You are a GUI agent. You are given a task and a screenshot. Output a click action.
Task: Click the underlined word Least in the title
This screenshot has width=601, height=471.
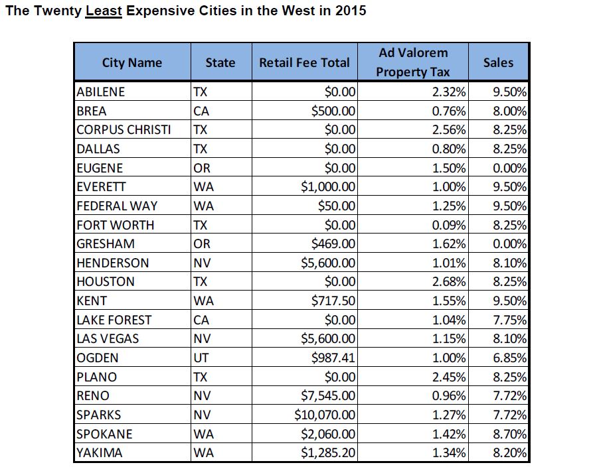[104, 11]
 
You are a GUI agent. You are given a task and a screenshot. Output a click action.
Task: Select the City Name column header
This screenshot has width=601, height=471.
[131, 63]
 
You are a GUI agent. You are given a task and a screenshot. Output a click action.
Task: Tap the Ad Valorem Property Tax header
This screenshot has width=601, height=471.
[412, 62]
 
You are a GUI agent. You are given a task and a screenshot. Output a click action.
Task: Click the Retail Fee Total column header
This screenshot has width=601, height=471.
[304, 63]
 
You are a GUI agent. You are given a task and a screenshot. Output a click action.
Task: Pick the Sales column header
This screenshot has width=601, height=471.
[498, 62]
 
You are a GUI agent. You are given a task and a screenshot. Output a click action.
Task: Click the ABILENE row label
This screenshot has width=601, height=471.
[101, 92]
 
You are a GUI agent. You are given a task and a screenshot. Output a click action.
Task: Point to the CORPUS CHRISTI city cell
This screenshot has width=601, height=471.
[124, 129]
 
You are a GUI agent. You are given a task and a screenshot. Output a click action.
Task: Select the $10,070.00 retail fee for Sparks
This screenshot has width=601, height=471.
[325, 415]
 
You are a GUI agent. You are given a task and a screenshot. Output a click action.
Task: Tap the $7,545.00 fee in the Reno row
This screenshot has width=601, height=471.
[328, 396]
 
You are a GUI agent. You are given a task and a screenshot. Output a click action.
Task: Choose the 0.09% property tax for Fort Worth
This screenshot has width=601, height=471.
[449, 225]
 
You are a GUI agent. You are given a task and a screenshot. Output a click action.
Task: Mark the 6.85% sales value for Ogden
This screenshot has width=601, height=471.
[509, 358]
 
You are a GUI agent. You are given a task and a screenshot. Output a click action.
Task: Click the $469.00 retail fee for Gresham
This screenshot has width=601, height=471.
[334, 244]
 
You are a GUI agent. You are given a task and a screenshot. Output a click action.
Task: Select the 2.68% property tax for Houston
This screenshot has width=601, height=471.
[449, 282]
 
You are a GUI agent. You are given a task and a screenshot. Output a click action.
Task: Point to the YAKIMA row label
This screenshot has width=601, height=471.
[99, 454]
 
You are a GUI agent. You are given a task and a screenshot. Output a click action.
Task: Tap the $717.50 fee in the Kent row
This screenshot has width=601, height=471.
[334, 301]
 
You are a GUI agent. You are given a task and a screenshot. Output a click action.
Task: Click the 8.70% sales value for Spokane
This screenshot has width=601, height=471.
[509, 435]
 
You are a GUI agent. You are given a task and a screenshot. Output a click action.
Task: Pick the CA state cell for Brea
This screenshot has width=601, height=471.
[201, 111]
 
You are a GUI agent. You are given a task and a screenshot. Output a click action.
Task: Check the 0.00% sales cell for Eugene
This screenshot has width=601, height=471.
[509, 168]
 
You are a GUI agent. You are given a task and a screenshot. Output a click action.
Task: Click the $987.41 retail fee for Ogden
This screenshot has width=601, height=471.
[334, 358]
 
